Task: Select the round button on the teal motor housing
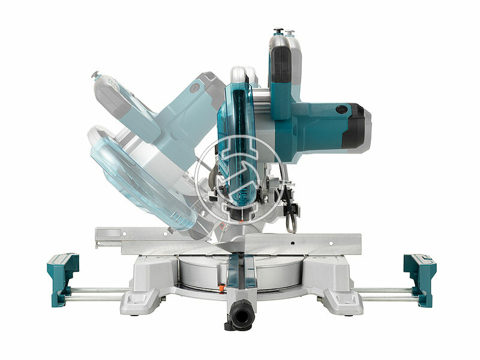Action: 343,110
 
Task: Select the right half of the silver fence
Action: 306,242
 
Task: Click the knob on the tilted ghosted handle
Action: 95,75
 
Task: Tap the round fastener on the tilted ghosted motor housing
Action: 194,88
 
